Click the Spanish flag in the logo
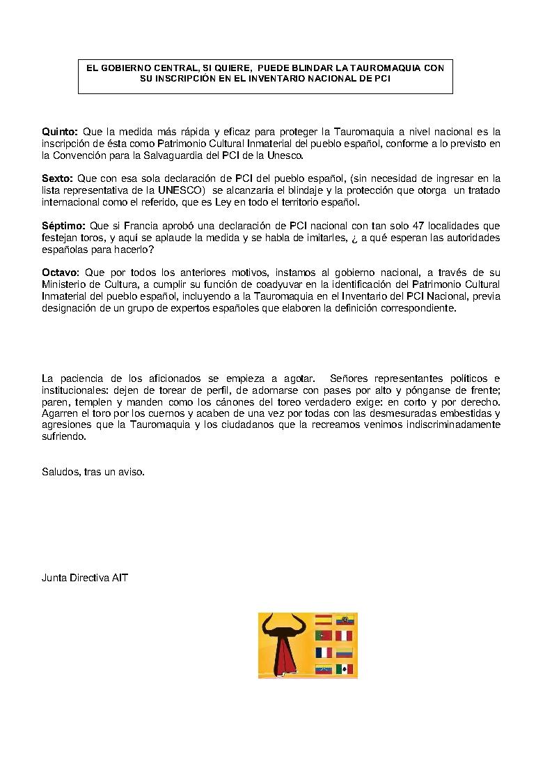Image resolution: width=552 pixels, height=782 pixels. [x=324, y=619]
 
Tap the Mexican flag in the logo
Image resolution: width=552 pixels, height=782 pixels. [x=345, y=669]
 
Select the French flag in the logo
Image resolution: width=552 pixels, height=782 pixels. [x=324, y=652]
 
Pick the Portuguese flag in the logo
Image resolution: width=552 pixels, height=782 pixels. [x=324, y=636]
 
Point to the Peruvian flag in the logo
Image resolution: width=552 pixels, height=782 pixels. [x=345, y=636]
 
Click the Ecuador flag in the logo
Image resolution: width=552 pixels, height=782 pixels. [x=345, y=619]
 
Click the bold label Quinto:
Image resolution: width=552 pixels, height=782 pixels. [x=61, y=132]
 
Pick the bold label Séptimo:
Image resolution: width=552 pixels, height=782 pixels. [x=63, y=226]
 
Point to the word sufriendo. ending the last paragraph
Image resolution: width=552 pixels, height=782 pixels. [x=65, y=437]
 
